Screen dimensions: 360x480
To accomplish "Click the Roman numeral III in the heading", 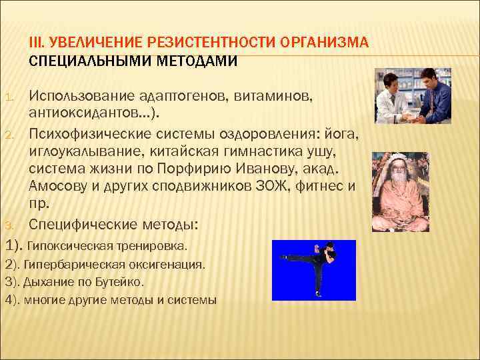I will pyautogui.click(x=35, y=43).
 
